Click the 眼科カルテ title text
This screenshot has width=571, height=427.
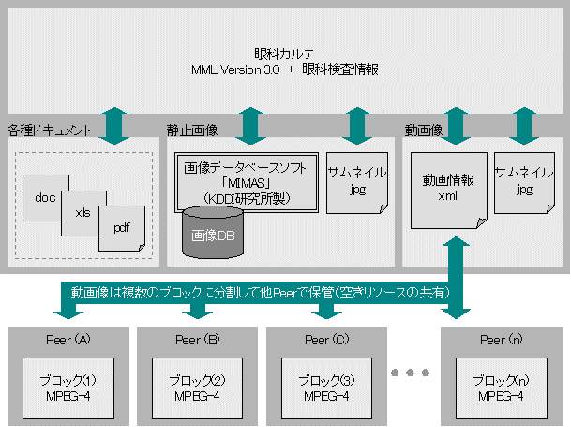click(x=284, y=54)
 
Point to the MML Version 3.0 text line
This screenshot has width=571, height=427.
click(x=284, y=70)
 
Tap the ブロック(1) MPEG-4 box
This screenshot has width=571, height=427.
click(x=65, y=387)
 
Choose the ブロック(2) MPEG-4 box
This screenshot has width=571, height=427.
click(x=194, y=387)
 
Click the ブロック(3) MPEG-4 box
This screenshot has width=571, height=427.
click(x=323, y=387)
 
